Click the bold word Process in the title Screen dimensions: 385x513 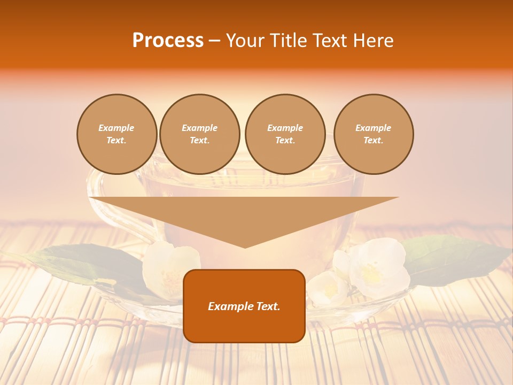(x=168, y=41)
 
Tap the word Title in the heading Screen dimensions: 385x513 (x=287, y=41)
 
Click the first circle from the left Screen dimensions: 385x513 (x=117, y=134)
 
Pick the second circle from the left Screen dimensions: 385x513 (x=200, y=134)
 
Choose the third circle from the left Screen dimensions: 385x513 (x=285, y=134)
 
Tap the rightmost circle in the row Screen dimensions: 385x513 (x=374, y=134)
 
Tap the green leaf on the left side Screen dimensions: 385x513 (x=80, y=262)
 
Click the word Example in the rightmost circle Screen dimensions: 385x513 (x=374, y=128)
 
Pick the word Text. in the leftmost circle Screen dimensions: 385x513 (x=116, y=141)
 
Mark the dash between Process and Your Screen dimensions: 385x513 (x=215, y=41)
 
